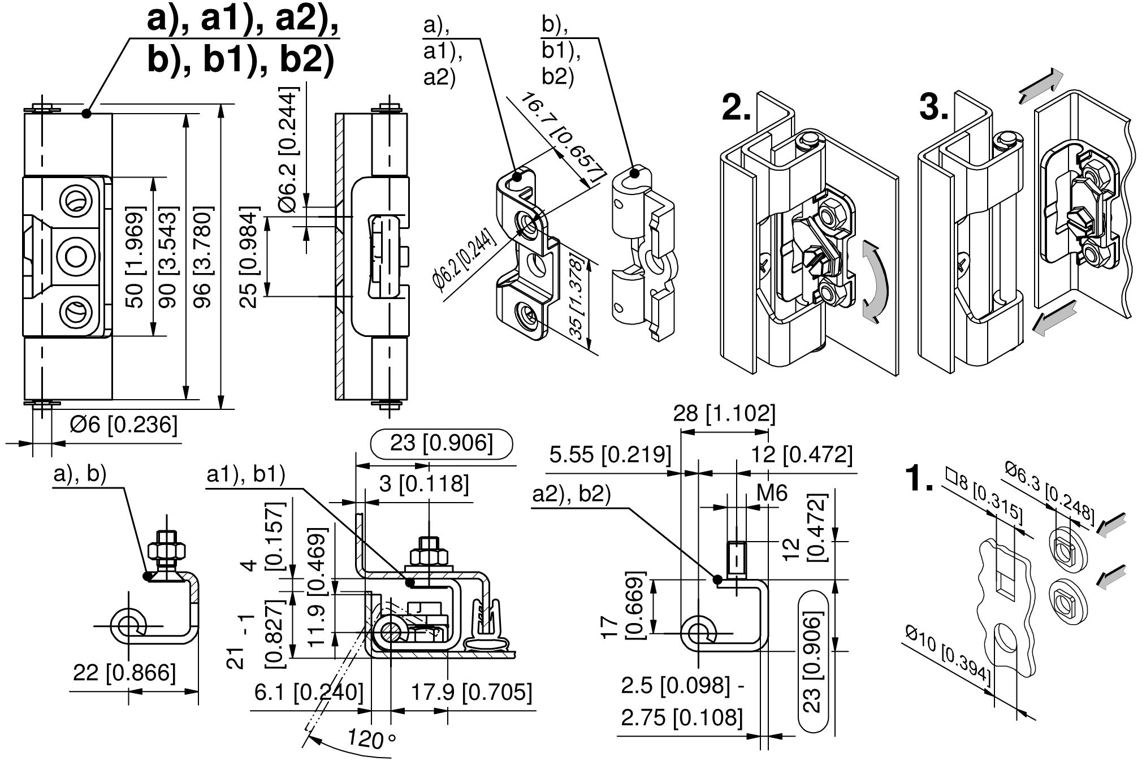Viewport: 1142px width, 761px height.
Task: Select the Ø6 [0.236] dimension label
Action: (x=123, y=425)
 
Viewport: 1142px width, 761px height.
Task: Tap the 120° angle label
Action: (x=371, y=739)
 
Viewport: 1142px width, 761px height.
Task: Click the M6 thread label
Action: (x=772, y=494)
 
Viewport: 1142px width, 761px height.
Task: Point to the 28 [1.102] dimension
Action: (x=724, y=414)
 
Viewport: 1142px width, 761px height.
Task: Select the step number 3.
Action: (x=933, y=108)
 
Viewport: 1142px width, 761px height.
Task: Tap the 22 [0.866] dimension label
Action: (x=124, y=673)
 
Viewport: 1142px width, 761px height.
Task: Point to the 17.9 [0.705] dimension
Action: (x=471, y=693)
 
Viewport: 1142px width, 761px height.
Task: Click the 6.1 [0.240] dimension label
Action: (x=309, y=693)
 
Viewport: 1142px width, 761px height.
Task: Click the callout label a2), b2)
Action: (x=572, y=495)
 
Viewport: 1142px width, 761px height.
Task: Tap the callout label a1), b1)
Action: (x=245, y=475)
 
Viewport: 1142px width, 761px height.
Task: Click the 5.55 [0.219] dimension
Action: (x=610, y=455)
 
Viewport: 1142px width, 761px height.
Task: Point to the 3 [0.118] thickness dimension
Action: (x=423, y=484)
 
